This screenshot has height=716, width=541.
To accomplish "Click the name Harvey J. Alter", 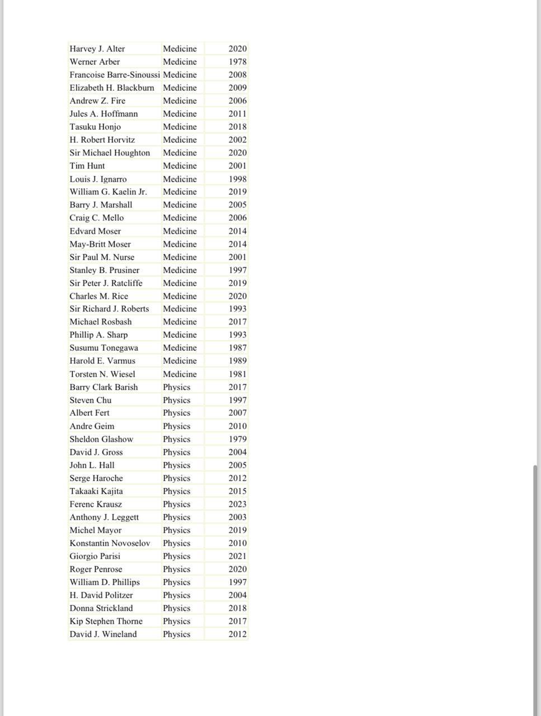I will coord(97,49).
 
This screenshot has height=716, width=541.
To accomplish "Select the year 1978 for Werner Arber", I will coord(237,62).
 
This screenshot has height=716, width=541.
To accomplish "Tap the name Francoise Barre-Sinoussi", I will coord(115,74).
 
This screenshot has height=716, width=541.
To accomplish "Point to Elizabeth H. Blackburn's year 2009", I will coord(237,88).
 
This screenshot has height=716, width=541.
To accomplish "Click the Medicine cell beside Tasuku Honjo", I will coord(180,127).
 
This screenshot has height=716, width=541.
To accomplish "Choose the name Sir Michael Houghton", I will coord(110,153).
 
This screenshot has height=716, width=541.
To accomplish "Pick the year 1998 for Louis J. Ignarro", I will coord(237,179).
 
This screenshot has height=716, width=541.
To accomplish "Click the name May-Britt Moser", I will coord(100,244).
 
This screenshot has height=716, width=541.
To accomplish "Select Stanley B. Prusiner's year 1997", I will coord(237,270).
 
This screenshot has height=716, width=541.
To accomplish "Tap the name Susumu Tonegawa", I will coord(104,348).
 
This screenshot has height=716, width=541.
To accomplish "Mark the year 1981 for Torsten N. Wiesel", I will coord(237,374).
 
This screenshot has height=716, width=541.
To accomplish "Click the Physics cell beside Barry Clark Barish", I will coord(177,387).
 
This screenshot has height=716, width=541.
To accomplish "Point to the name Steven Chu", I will coord(90,400).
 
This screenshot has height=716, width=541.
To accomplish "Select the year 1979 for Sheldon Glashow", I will coord(237,439).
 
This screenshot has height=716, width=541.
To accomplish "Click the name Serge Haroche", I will coord(96,478).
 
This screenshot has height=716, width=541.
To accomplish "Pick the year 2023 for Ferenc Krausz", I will coord(237,504).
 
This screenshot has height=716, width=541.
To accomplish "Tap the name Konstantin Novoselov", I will coord(110,543).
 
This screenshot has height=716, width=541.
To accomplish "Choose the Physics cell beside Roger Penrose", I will coord(177,569).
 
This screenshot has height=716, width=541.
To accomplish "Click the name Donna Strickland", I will coord(101,608).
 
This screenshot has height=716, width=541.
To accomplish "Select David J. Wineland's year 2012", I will coord(237,634).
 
